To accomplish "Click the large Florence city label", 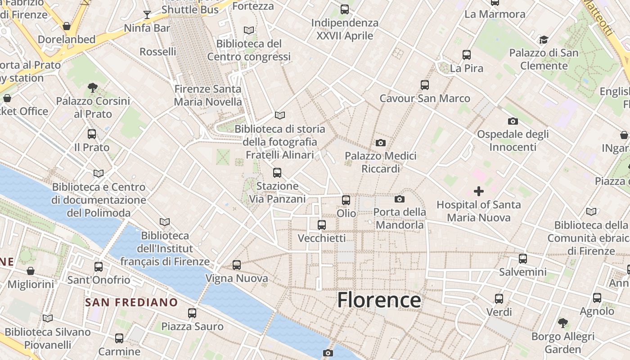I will [x=379, y=300].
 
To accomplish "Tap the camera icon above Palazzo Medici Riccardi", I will [x=380, y=143].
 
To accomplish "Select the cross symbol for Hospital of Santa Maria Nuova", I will [x=479, y=192].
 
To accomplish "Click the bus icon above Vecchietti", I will [x=322, y=225].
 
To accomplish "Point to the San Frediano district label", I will [x=131, y=302].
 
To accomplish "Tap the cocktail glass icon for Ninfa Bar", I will [x=147, y=15].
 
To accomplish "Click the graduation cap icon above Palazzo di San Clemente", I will [x=544, y=40].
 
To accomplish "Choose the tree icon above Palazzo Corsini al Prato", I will [x=93, y=87].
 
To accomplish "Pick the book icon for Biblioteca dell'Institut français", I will [x=165, y=222].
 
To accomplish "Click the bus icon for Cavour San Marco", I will [x=424, y=85].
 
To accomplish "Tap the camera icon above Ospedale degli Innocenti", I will [x=513, y=121].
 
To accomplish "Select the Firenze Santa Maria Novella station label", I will [x=208, y=95].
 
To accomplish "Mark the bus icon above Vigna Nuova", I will [x=237, y=265].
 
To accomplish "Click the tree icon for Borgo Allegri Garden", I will [x=562, y=323].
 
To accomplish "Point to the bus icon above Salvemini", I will [x=522, y=259].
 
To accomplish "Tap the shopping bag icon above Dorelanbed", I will [x=67, y=26].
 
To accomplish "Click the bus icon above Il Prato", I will [x=92, y=134].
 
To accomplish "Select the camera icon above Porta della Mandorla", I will [x=399, y=199].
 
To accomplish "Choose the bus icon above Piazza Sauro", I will [x=192, y=313].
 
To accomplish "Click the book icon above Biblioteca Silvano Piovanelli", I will [x=48, y=319].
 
